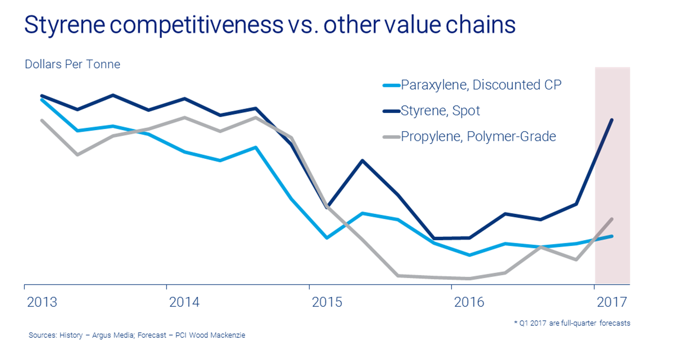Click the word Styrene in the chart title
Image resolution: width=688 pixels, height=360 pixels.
[65, 25]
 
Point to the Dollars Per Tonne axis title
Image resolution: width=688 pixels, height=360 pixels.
[72, 64]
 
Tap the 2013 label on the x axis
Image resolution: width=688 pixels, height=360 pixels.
[42, 302]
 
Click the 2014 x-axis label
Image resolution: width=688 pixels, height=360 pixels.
[184, 302]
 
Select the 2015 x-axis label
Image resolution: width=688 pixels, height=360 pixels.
[327, 302]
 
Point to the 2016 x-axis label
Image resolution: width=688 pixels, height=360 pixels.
[469, 302]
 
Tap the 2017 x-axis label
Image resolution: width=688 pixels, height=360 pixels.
[612, 302]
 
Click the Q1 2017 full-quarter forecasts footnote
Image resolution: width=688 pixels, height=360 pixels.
[572, 323]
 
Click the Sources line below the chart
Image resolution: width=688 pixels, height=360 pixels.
[137, 335]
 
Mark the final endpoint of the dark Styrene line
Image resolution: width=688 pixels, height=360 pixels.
[612, 120]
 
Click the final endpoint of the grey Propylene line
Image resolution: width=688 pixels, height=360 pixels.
[612, 219]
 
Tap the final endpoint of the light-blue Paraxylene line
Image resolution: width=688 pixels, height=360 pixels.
[612, 236]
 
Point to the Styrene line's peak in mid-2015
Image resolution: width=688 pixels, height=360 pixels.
[362, 161]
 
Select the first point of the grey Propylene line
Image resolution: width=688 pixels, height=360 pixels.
[42, 120]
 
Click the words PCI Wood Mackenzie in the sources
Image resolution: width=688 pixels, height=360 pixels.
[210, 335]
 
